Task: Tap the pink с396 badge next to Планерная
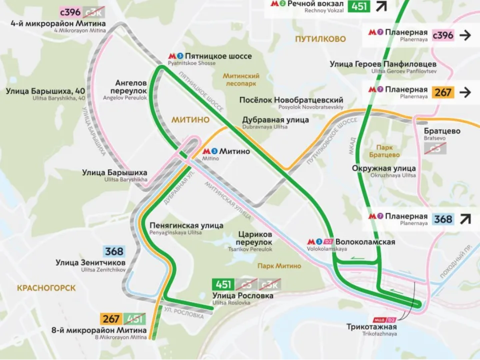[442, 35]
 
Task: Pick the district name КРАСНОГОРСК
[46, 288]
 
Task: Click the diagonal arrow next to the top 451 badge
[382, 6]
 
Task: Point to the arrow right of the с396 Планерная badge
[465, 35]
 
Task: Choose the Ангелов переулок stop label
[131, 86]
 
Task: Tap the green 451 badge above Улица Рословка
[223, 284]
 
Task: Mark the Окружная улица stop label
[383, 168]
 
